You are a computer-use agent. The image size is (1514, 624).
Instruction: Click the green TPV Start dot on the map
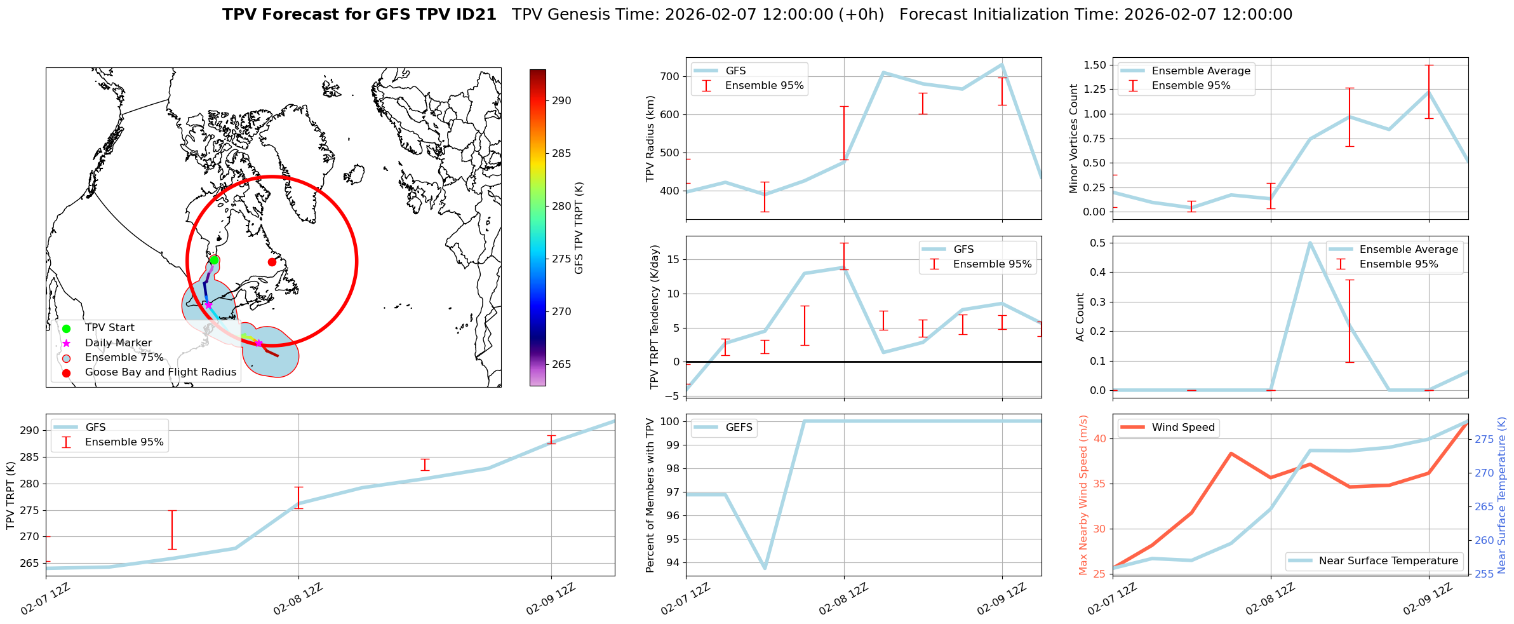tap(214, 260)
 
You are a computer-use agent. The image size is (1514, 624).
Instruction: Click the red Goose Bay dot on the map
tap(272, 262)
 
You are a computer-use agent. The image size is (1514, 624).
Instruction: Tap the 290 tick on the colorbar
tap(561, 100)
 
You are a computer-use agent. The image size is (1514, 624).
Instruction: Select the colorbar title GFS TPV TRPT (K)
tap(579, 227)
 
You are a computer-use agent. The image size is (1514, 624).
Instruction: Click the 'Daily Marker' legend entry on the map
tap(118, 343)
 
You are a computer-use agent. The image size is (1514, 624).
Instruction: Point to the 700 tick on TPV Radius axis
tap(671, 76)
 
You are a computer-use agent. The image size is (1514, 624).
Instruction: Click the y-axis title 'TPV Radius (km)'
tap(650, 139)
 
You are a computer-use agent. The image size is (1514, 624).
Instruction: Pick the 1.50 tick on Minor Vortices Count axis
tap(1094, 65)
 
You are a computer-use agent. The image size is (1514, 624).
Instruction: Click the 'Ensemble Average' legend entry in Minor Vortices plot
tap(1200, 71)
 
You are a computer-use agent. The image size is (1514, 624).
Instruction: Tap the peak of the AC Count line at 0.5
tap(1310, 243)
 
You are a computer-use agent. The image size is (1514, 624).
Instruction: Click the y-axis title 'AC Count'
tap(1080, 317)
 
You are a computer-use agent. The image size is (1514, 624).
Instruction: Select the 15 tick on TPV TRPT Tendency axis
tap(674, 259)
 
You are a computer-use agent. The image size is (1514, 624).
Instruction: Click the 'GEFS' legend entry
tap(739, 427)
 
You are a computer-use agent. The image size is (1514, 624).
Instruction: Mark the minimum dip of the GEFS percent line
tap(765, 568)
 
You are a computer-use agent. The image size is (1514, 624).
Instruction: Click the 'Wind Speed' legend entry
tap(1182, 427)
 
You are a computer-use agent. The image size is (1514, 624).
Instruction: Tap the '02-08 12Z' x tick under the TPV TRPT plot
tap(298, 599)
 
